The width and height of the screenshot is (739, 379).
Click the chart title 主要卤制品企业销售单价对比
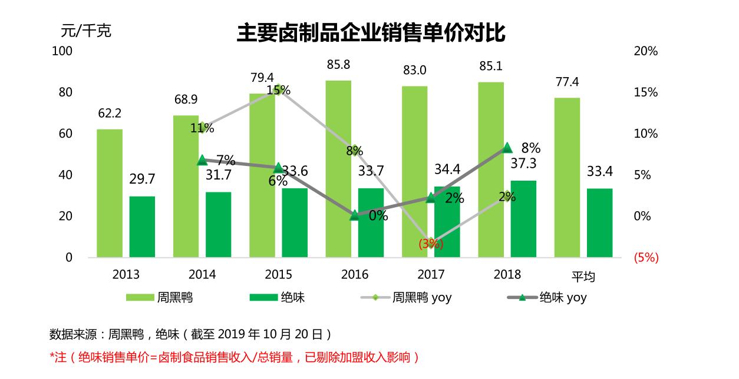click(371, 34)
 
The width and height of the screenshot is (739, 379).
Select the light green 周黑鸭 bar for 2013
click(110, 193)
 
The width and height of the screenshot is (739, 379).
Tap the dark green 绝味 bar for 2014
click(218, 224)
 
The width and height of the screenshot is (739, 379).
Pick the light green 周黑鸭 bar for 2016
click(338, 169)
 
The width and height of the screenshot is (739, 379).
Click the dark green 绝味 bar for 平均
click(599, 222)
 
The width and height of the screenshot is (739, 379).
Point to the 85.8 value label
click(338, 65)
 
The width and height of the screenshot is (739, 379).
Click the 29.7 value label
click(142, 179)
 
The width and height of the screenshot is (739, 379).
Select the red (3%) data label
click(431, 244)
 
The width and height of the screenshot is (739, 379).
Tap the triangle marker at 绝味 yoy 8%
click(507, 148)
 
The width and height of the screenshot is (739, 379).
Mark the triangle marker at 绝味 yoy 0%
click(355, 215)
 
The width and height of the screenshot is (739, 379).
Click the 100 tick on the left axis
click(62, 51)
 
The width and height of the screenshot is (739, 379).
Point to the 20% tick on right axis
click(645, 51)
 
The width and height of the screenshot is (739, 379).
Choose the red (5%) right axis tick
click(645, 258)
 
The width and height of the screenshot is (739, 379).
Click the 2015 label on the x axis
click(278, 275)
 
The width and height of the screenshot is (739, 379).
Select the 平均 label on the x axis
click(583, 276)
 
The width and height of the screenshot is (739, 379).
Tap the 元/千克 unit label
click(86, 31)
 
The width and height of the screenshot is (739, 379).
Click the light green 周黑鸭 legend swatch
click(140, 298)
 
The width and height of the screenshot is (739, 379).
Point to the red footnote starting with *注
click(234, 357)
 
